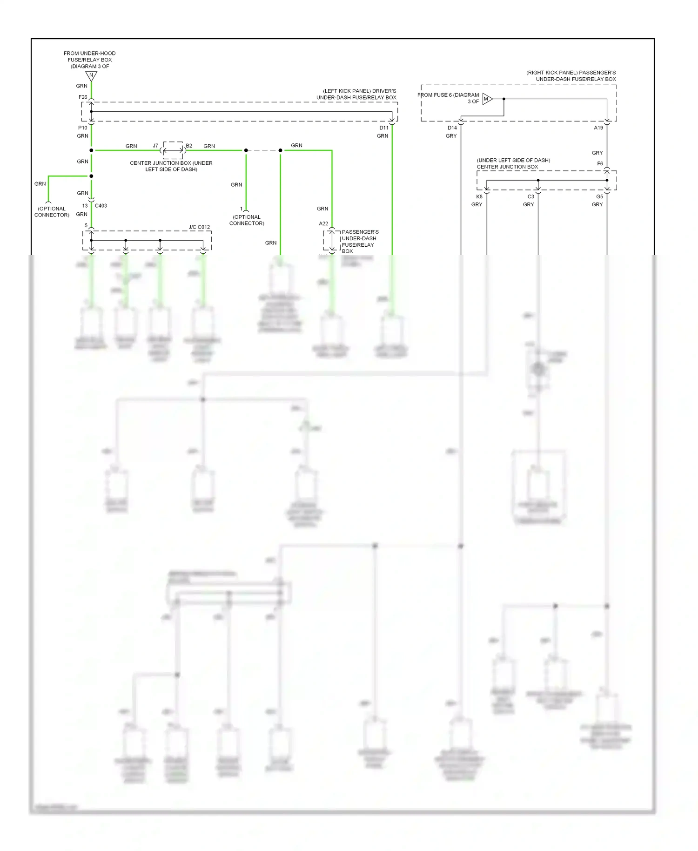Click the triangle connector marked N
coord(91,75)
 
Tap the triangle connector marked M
coord(487,99)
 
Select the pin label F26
coord(83,97)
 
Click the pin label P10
coord(82,128)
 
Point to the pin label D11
coord(383,128)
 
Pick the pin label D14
coord(452,128)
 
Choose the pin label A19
coord(598,128)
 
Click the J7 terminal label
coord(155,146)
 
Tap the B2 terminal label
coord(189,146)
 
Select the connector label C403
coord(101,205)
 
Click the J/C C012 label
coord(199,227)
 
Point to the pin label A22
coord(323,223)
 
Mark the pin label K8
coord(479,196)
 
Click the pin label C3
coord(530,196)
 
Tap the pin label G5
coord(599,196)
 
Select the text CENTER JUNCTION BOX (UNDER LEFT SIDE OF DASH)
coord(171,166)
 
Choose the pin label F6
coord(600,163)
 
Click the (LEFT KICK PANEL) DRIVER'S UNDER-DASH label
coord(357,94)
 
